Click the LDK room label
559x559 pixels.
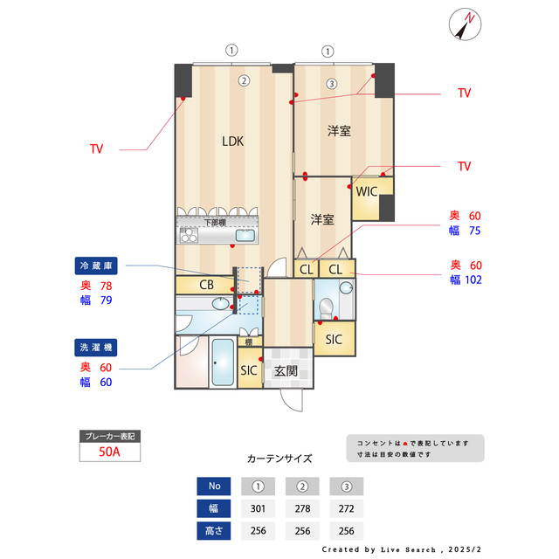231,141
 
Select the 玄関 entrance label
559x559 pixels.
286,370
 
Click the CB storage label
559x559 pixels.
206,285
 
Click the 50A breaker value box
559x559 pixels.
109,452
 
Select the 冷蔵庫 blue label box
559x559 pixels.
97,265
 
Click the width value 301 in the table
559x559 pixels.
258,508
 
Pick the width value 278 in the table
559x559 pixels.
302,508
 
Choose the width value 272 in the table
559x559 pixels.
346,508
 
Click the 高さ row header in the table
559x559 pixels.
213,530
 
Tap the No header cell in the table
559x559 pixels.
213,487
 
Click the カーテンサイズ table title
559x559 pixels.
279,458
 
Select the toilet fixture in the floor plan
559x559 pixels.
325,306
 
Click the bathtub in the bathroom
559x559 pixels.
222,362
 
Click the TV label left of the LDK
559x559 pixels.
96,149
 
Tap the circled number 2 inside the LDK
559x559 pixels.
245,81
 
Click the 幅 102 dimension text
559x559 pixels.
466,280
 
